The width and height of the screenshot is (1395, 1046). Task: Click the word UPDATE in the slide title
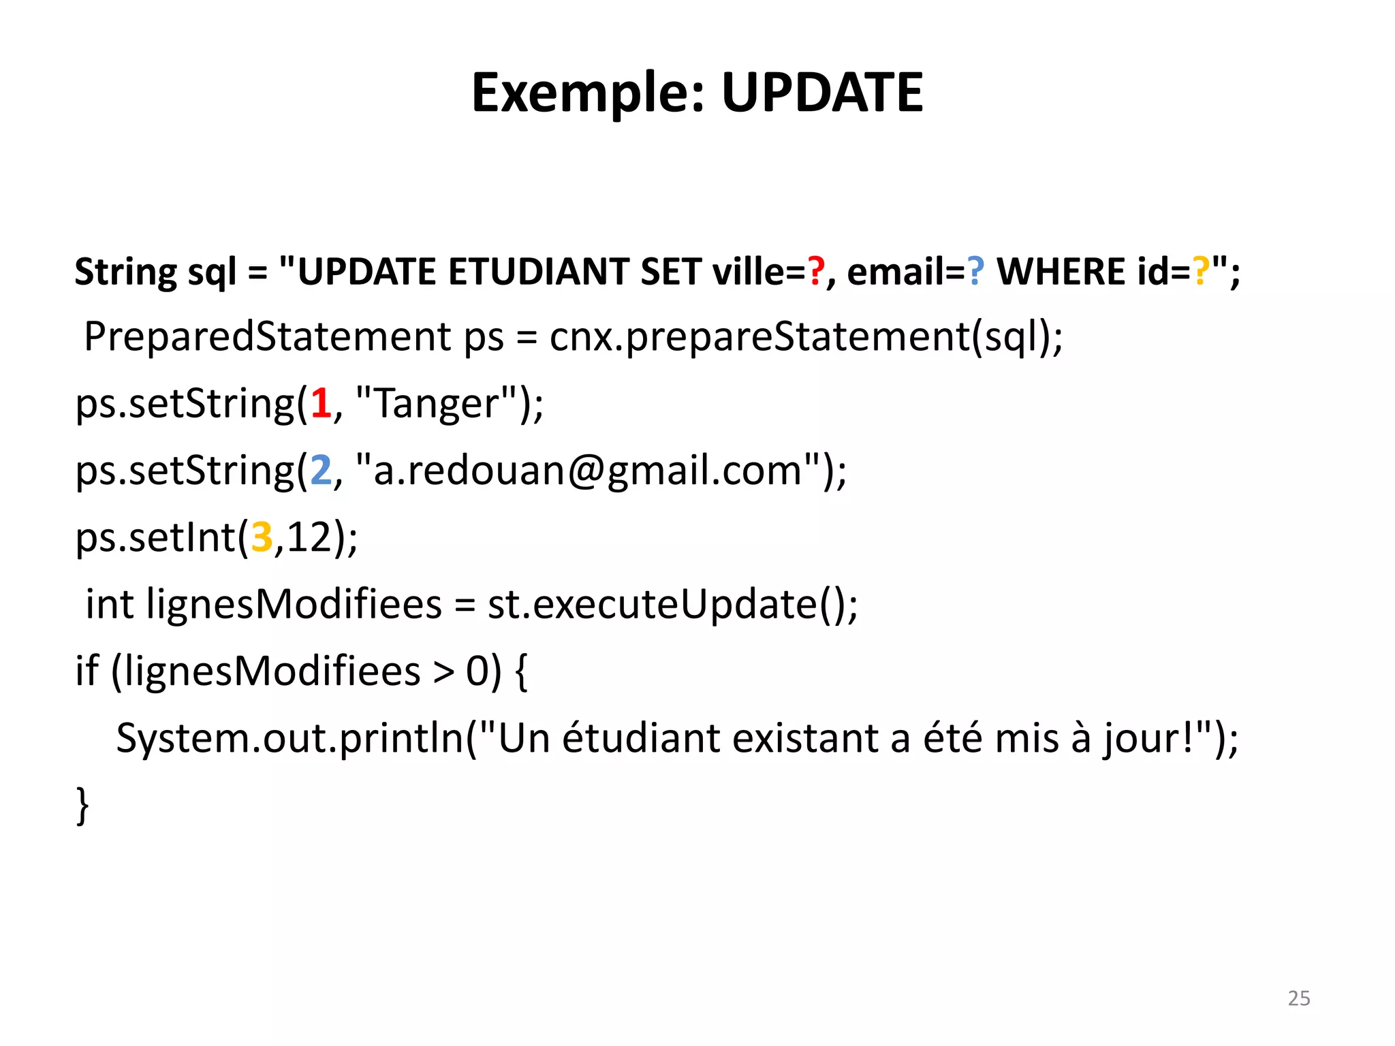[x=821, y=93]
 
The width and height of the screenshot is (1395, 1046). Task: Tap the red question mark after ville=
[x=816, y=271]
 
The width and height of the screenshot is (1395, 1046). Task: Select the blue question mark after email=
[x=976, y=271]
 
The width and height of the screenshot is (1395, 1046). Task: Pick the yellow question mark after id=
[x=1202, y=271]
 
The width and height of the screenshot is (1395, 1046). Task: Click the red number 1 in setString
[x=321, y=403]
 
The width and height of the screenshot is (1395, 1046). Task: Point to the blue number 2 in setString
[x=321, y=470]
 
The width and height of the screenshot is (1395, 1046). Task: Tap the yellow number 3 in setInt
[x=262, y=537]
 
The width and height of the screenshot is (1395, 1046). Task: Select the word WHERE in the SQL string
[x=1061, y=271]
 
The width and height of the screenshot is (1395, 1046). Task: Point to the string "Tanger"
[x=436, y=403]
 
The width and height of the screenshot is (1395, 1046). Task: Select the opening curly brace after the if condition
[x=521, y=671]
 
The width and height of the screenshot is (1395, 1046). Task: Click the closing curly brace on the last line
[x=82, y=805]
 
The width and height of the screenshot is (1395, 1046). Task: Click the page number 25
[x=1298, y=998]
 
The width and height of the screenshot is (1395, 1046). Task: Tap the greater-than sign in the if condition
[x=443, y=671]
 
